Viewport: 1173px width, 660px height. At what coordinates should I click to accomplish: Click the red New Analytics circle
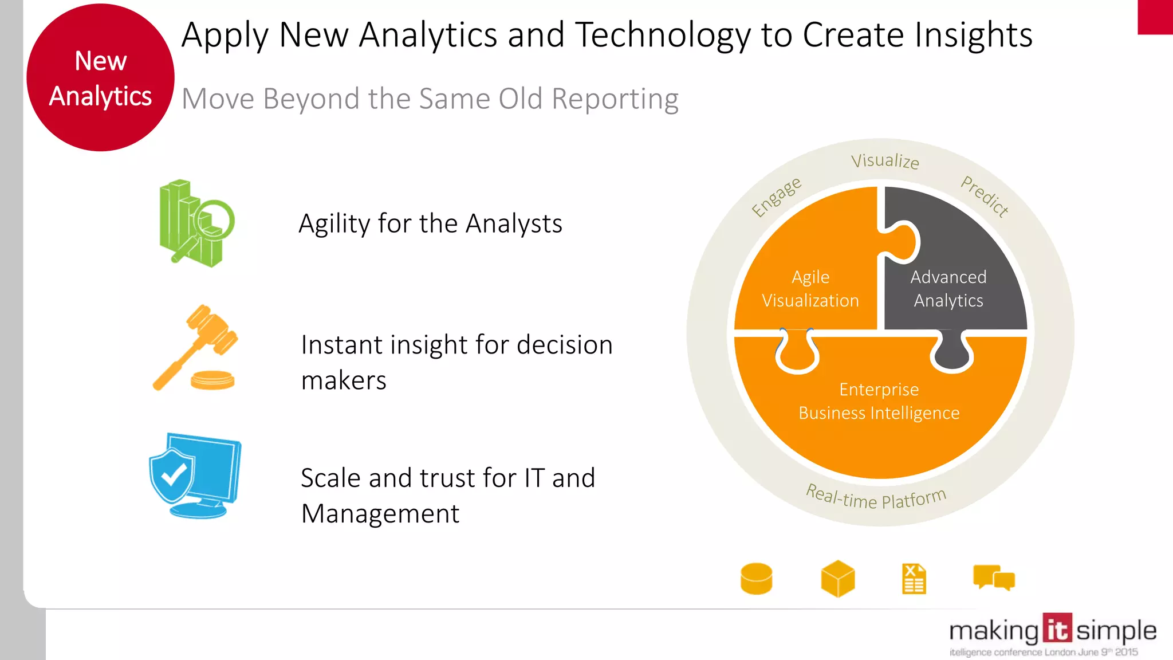(100, 78)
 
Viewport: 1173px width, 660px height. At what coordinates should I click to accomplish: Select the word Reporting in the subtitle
(615, 99)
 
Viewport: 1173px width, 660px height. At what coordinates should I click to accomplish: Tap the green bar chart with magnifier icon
(195, 223)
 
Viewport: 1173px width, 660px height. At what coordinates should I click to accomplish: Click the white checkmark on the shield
(174, 474)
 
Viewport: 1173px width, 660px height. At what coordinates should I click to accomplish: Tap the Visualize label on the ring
(885, 161)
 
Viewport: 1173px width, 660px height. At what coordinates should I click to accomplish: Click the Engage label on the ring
(776, 197)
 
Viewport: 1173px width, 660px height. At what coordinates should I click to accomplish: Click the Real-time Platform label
(876, 498)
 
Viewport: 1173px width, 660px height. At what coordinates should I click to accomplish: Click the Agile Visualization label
(810, 289)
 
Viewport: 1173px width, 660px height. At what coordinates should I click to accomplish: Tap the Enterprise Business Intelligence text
(879, 401)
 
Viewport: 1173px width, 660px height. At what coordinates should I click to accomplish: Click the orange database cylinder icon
(756, 579)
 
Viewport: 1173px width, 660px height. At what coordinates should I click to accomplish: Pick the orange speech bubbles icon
(994, 578)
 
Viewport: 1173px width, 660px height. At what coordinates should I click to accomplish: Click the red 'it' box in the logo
(1057, 629)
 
